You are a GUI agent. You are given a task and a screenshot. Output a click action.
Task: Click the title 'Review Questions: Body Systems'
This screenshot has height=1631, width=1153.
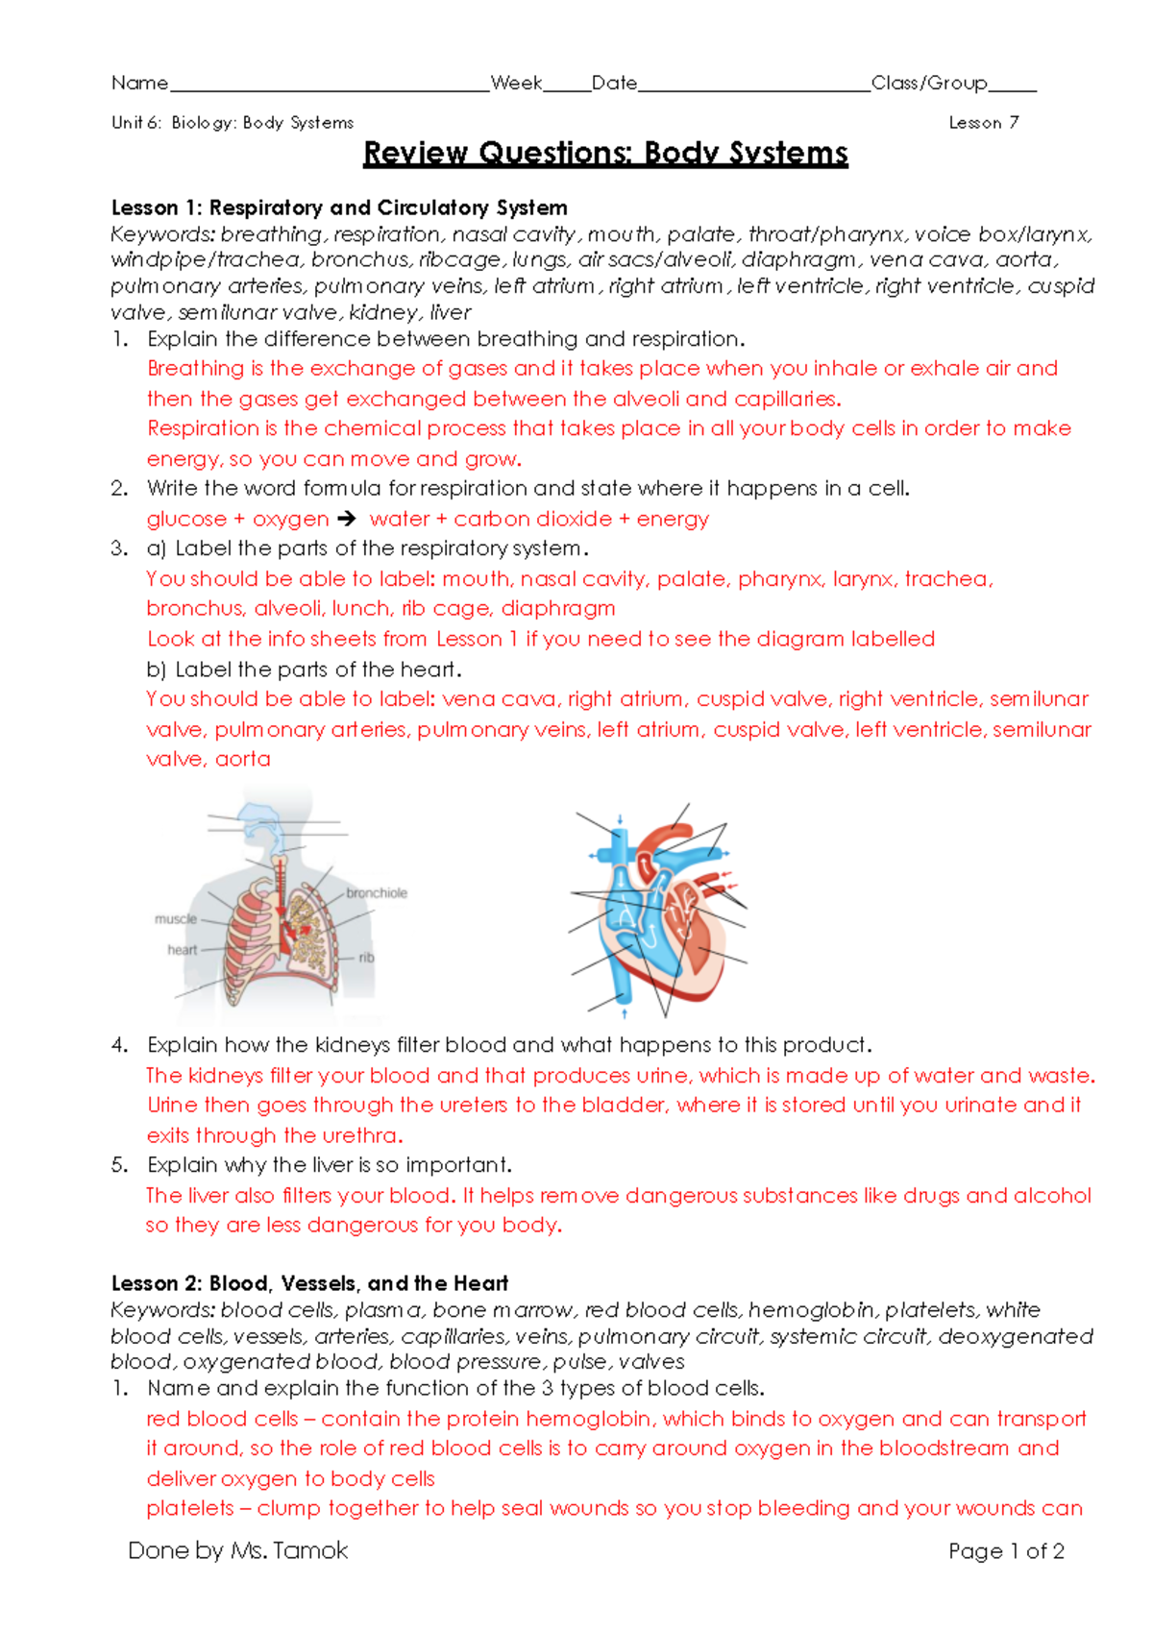pyautogui.click(x=605, y=154)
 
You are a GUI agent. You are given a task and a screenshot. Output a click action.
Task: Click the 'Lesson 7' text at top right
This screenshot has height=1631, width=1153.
pyautogui.click(x=983, y=123)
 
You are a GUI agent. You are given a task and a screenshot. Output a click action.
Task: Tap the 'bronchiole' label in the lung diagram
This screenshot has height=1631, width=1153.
pyautogui.click(x=377, y=893)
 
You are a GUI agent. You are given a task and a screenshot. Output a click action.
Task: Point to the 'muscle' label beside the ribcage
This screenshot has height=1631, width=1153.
pyautogui.click(x=176, y=919)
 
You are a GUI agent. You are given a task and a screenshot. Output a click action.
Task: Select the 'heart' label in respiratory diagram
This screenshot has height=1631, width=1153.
pyautogui.click(x=182, y=950)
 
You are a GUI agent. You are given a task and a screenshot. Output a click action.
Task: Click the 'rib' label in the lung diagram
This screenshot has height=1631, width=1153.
pyautogui.click(x=366, y=958)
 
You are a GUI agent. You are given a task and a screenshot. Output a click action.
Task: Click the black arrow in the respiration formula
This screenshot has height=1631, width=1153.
pyautogui.click(x=347, y=519)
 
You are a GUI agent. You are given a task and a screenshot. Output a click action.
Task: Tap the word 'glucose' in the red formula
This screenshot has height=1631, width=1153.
pyautogui.click(x=186, y=520)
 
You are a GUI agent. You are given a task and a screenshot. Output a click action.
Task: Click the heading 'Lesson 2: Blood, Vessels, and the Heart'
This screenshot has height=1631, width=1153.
pyautogui.click(x=309, y=1283)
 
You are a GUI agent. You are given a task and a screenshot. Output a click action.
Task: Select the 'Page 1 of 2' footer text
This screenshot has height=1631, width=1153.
pyautogui.click(x=1006, y=1551)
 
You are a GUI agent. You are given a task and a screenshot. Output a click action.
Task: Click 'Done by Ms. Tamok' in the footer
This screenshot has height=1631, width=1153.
pyautogui.click(x=238, y=1550)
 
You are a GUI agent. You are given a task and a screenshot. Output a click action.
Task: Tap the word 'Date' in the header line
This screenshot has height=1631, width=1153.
pyautogui.click(x=614, y=84)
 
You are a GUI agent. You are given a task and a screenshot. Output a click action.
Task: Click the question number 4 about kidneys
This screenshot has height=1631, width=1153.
pyautogui.click(x=119, y=1045)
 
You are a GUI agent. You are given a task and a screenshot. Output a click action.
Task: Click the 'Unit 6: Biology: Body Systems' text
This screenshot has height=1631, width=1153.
pyautogui.click(x=233, y=123)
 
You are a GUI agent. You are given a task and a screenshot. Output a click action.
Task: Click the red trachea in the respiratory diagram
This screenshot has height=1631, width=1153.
pyautogui.click(x=281, y=884)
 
